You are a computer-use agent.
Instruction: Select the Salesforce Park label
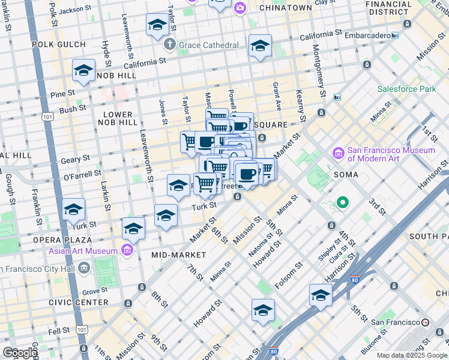[x=406, y=89]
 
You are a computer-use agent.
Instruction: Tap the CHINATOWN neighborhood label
[x=285, y=8]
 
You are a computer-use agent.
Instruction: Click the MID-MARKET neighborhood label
[x=178, y=255]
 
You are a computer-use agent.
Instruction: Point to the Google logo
[x=20, y=353]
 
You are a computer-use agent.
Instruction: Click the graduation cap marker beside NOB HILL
[x=83, y=71]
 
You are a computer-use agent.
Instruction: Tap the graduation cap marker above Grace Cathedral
[x=157, y=25]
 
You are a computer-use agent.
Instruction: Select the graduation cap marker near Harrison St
[x=321, y=295]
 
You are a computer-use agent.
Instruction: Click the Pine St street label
[x=62, y=94]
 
